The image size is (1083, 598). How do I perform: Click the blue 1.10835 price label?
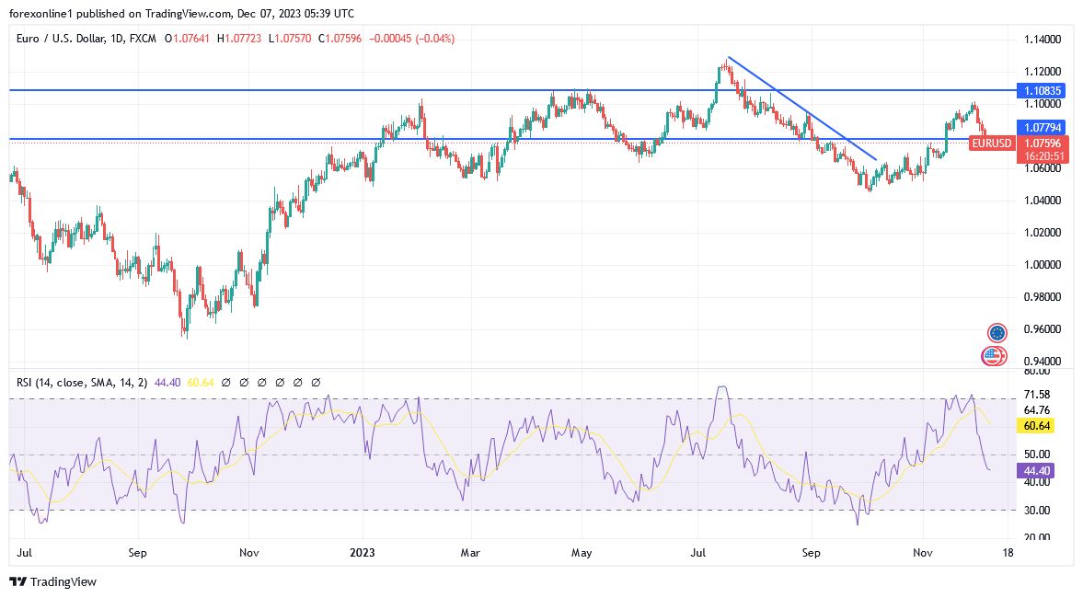[1043, 90]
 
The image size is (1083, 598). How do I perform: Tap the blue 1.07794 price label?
[1043, 127]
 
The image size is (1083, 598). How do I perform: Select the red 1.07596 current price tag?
[1043, 144]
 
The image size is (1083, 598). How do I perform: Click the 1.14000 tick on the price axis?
[1043, 40]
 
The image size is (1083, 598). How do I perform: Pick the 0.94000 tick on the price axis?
[1043, 362]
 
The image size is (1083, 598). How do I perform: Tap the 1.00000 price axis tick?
[1043, 265]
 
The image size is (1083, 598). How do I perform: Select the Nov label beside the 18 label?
[923, 554]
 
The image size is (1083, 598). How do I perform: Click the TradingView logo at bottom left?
[52, 581]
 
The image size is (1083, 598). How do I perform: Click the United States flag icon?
[993, 355]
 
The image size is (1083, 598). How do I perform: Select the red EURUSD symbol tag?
[992, 144]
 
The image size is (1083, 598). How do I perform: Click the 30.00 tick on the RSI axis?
[1036, 510]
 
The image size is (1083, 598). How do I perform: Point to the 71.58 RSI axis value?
[1036, 394]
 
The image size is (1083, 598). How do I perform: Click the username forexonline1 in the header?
[43, 14]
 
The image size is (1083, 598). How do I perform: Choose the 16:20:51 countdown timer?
[1043, 156]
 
